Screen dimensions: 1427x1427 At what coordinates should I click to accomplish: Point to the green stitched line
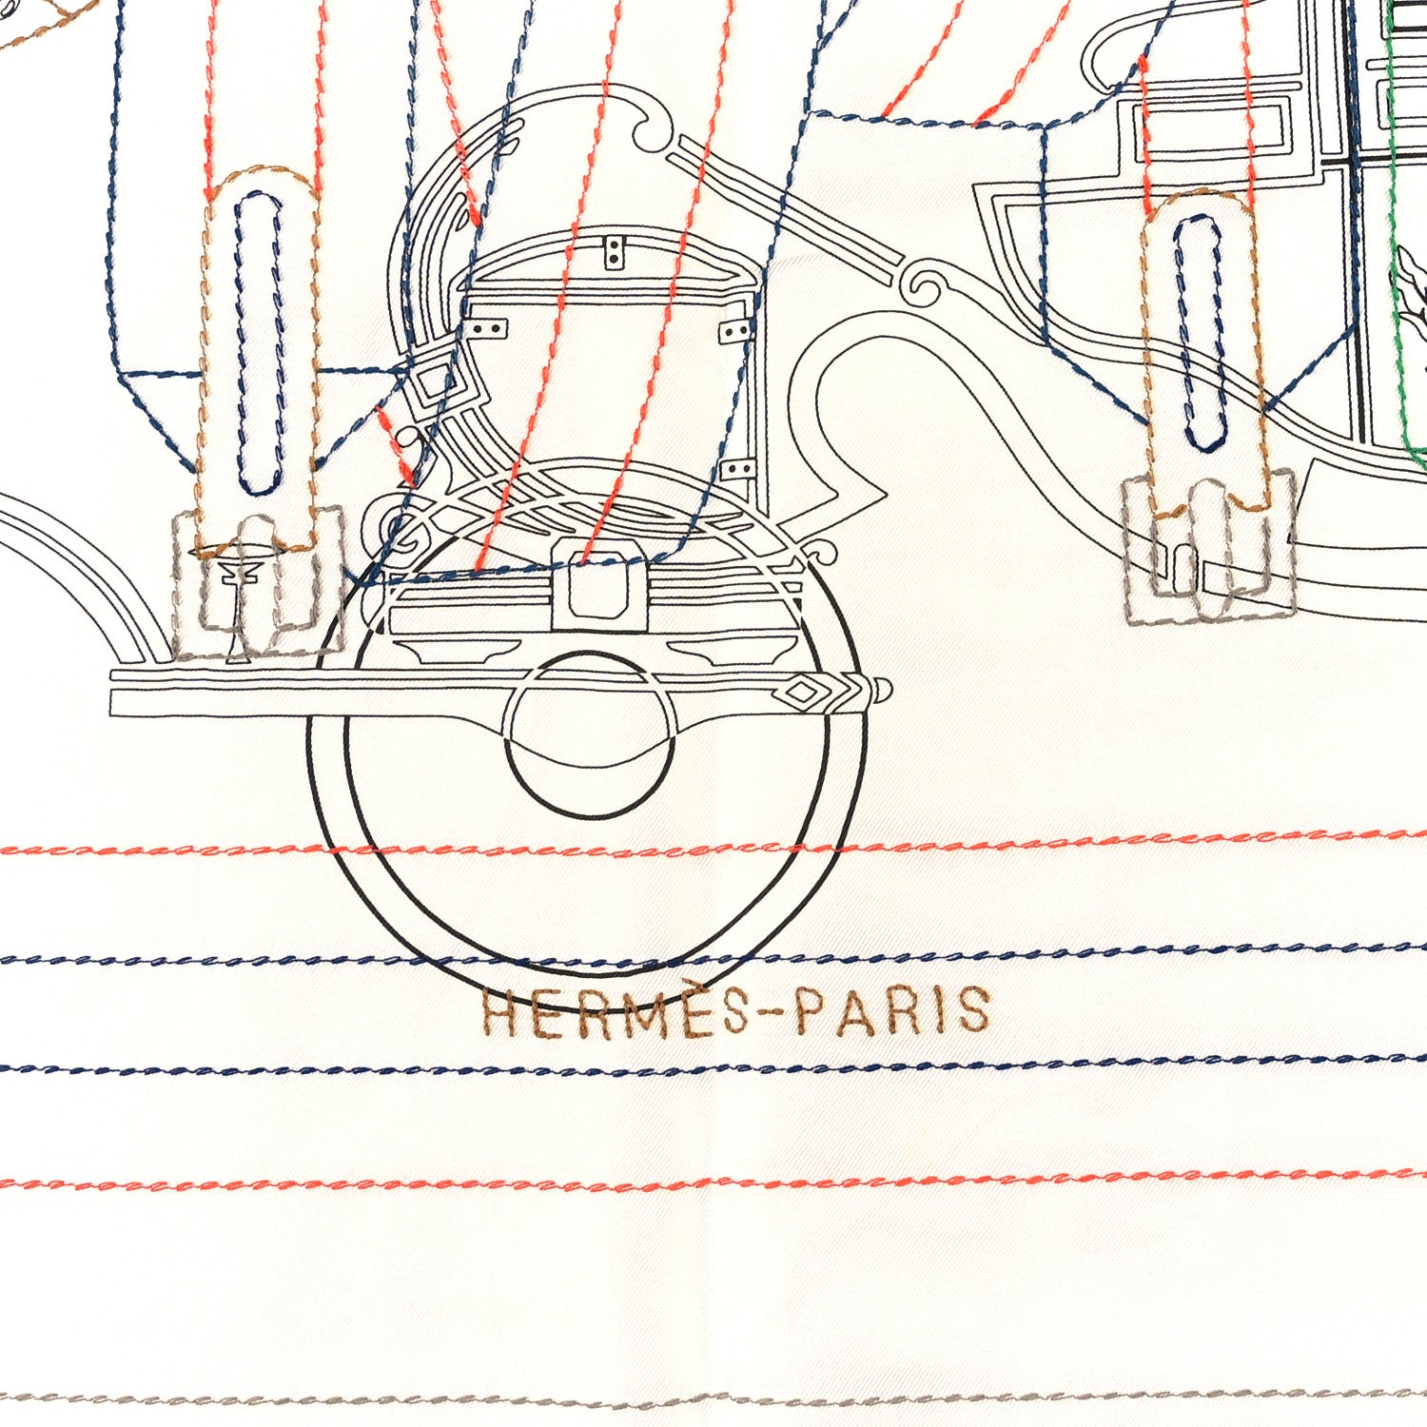pyautogui.click(x=1398, y=238)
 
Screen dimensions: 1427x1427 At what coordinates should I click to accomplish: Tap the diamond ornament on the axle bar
pyautogui.click(x=801, y=694)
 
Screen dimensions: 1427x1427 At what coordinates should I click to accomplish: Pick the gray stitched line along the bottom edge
pyautogui.click(x=713, y=1402)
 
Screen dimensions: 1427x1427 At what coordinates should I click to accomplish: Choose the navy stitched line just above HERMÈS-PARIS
pyautogui.click(x=713, y=956)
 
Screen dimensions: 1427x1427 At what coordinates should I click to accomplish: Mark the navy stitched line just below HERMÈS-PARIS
pyautogui.click(x=713, y=1064)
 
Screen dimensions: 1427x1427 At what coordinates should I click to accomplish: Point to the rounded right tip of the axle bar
pyautogui.click(x=886, y=687)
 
